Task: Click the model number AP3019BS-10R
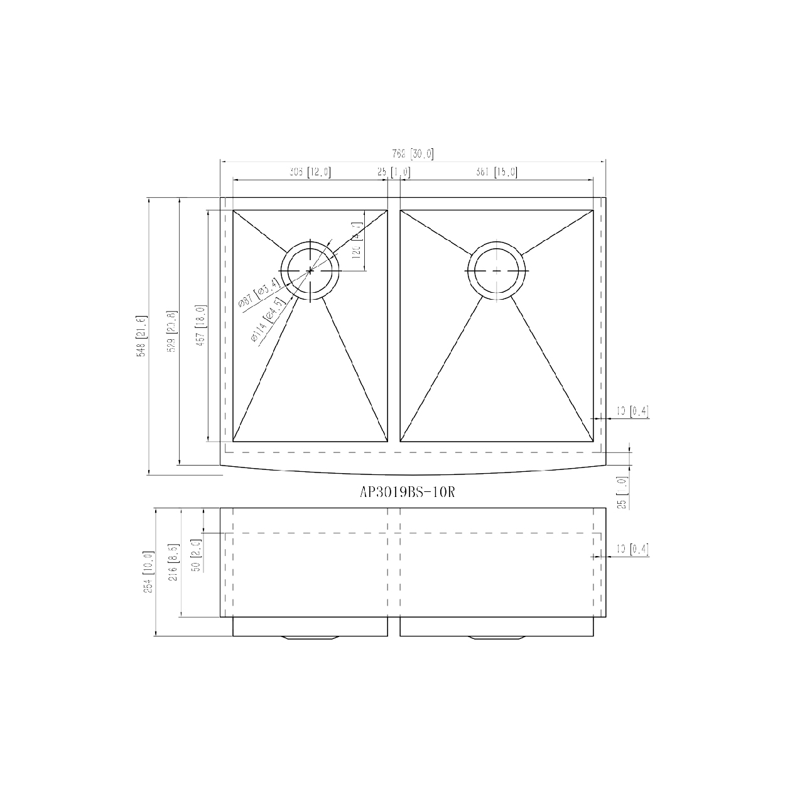click(406, 493)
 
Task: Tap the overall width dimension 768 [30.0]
click(413, 154)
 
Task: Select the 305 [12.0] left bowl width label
click(310, 172)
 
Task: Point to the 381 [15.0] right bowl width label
click(496, 172)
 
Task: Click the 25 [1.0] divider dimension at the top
click(394, 172)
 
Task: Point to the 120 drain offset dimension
click(356, 242)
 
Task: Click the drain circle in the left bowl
click(310, 270)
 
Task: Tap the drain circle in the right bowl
click(497, 270)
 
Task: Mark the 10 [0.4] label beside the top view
click(632, 412)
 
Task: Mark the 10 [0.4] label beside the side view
click(632, 550)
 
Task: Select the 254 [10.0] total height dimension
click(148, 572)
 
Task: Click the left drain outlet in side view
click(310, 638)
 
